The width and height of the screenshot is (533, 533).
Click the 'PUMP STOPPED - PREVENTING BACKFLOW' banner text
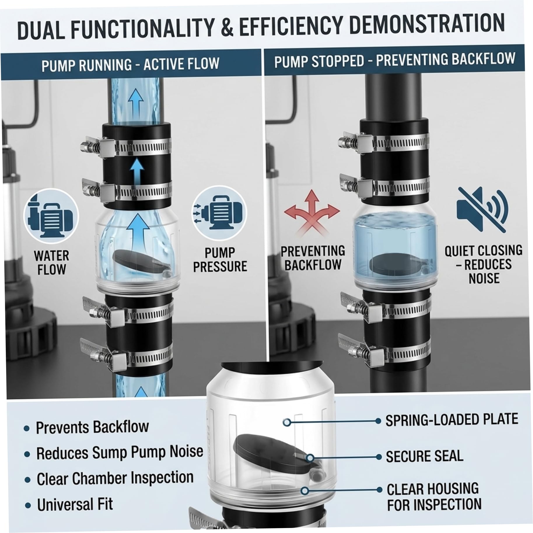point(395,60)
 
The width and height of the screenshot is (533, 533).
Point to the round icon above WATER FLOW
point(51,216)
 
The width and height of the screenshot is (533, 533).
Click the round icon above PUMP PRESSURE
point(219,213)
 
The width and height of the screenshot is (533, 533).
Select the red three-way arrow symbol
point(312,212)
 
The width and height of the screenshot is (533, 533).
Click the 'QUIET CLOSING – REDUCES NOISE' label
point(483,264)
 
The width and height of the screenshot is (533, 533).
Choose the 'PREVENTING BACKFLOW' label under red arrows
point(313,258)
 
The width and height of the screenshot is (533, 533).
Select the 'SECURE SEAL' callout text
point(424,456)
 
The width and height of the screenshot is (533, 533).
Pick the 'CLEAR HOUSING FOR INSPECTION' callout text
point(434,497)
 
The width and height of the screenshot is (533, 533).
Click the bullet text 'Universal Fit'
point(75,504)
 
